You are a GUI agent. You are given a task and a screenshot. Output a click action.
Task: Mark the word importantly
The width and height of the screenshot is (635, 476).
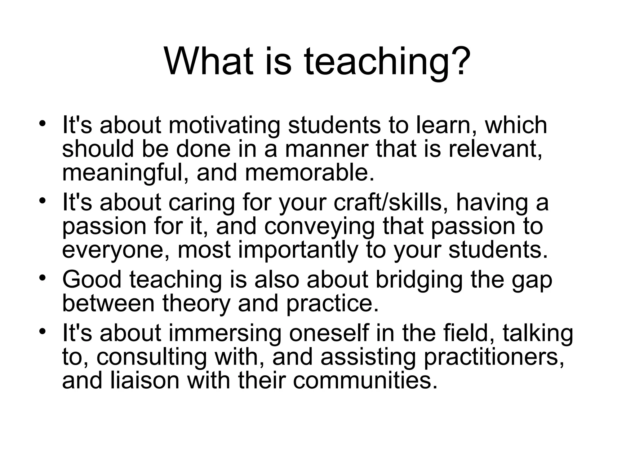[x=298, y=250]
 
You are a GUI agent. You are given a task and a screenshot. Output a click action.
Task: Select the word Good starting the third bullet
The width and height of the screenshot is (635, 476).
[x=92, y=280]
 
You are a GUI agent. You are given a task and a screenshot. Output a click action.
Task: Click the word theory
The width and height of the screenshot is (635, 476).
[x=196, y=304]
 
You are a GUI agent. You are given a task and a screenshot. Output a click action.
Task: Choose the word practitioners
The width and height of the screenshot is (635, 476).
[x=493, y=357]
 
